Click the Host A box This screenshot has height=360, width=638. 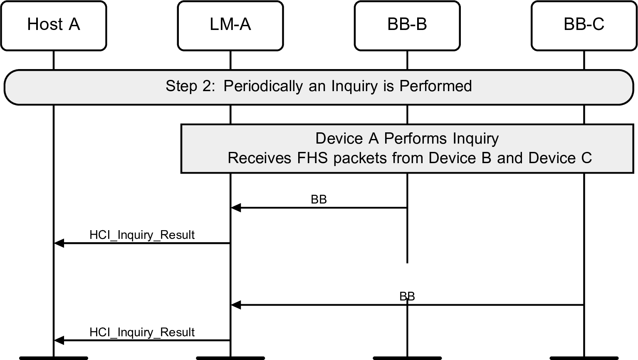(53, 25)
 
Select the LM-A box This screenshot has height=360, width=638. (230, 25)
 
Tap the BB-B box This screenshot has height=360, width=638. (407, 25)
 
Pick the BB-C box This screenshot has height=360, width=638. (584, 25)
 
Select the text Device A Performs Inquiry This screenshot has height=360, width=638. (407, 138)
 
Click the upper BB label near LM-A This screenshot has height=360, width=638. (319, 200)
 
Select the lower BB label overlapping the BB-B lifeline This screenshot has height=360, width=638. (407, 296)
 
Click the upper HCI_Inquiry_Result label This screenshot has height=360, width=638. (142, 235)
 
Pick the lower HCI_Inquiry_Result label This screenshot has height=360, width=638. (142, 333)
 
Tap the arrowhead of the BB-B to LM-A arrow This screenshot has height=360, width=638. (235, 207)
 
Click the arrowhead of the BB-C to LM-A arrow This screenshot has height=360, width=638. (235, 305)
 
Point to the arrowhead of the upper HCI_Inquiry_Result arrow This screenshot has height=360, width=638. (59, 243)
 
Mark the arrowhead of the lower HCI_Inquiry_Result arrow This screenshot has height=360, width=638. (59, 340)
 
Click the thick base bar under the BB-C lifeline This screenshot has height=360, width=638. (584, 358)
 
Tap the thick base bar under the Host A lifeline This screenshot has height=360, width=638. (53, 358)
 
